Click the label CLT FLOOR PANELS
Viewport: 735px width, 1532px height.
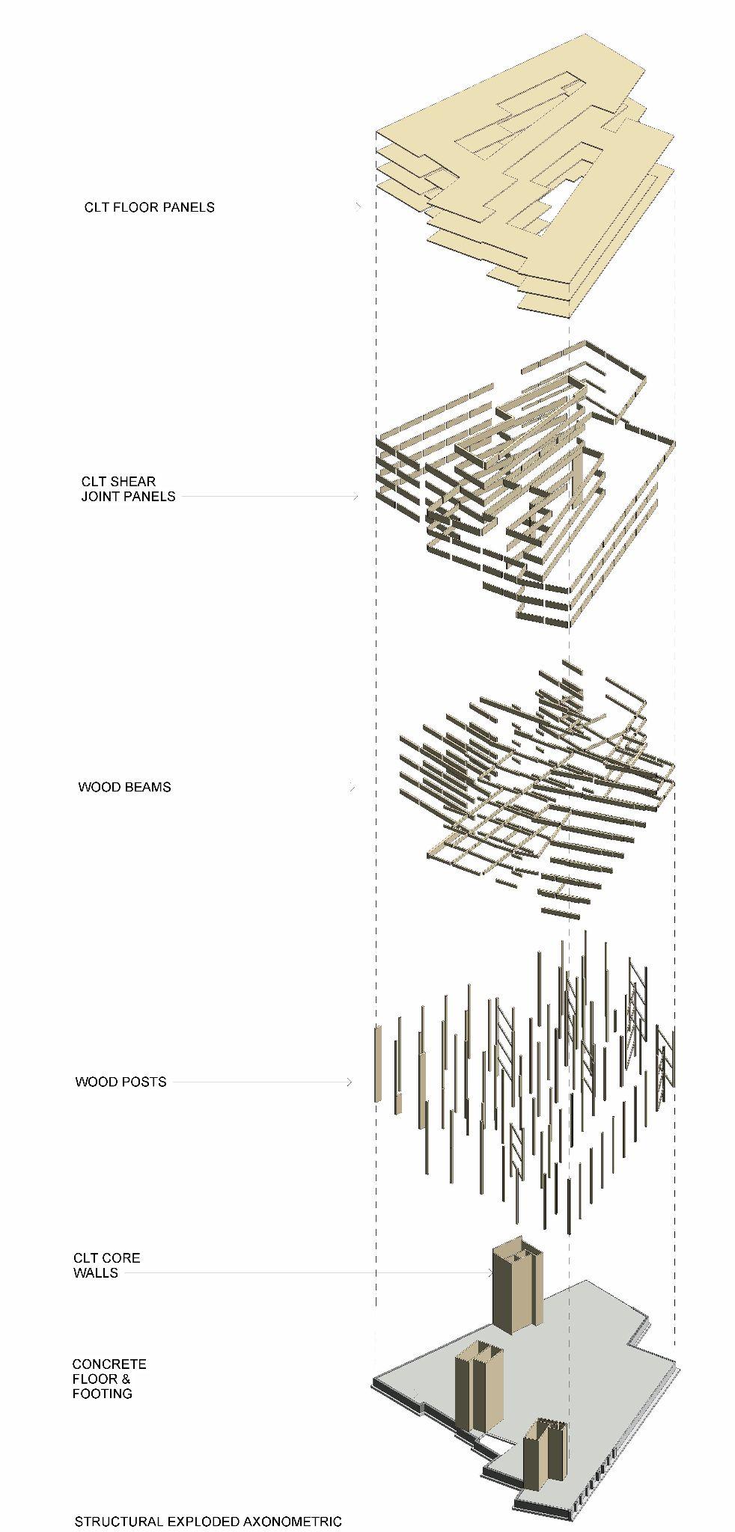(x=149, y=207)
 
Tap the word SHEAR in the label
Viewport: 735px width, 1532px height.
(x=135, y=481)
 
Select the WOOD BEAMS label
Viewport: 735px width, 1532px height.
(x=124, y=787)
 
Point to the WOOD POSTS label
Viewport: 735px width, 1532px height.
(x=121, y=1082)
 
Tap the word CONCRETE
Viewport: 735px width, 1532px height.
(x=109, y=1364)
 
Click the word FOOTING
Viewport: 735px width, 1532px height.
(x=103, y=1394)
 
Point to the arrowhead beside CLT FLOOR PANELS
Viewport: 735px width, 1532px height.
(x=359, y=207)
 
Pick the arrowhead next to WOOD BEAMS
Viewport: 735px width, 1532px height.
(x=351, y=787)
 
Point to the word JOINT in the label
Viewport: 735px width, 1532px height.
(x=103, y=496)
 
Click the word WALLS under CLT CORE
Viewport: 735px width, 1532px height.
(x=96, y=1272)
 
